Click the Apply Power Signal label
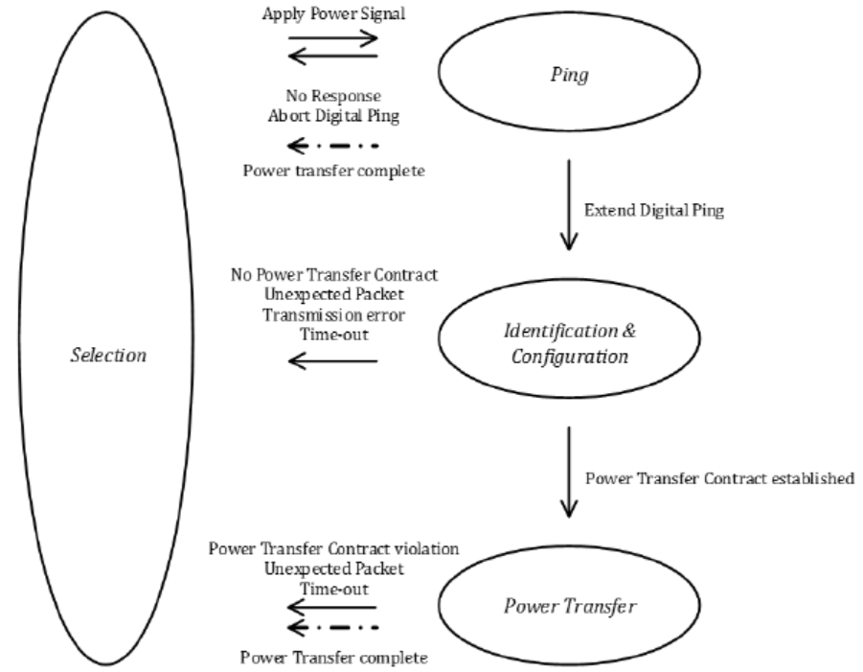(x=332, y=15)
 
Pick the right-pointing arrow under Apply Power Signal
(x=332, y=39)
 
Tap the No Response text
(x=332, y=96)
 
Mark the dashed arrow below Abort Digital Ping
(x=332, y=146)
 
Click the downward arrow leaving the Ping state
(x=570, y=203)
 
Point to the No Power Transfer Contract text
(x=333, y=275)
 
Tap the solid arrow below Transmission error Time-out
(x=332, y=360)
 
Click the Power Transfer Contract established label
(x=718, y=478)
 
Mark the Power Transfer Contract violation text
(x=333, y=549)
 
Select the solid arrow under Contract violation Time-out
(x=332, y=606)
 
